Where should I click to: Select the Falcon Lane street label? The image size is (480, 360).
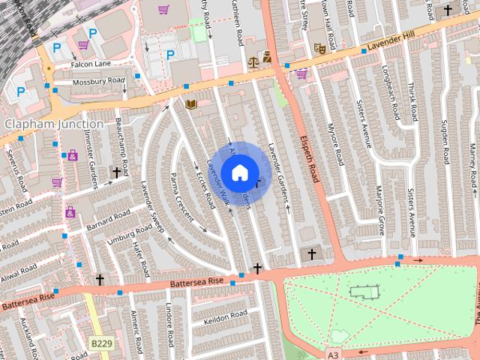(x=91, y=64)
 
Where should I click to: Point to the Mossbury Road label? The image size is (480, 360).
(x=98, y=80)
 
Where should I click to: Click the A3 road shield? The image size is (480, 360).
(x=333, y=352)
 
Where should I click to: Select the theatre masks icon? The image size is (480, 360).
(x=319, y=47)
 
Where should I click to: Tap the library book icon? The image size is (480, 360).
(x=190, y=103)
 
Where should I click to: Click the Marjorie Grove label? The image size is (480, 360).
(x=379, y=209)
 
